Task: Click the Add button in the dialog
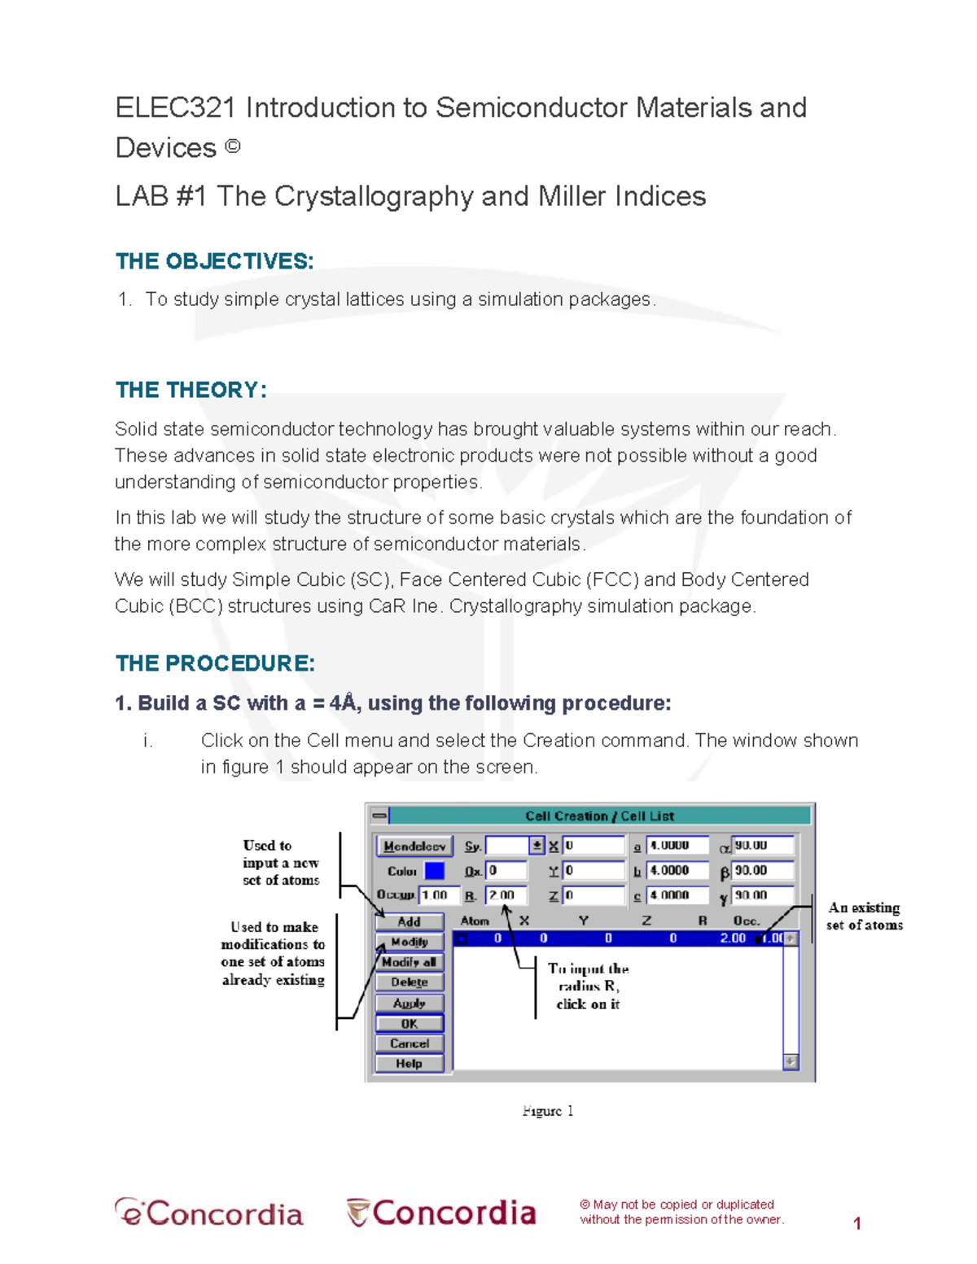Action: point(410,921)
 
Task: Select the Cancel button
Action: point(410,1043)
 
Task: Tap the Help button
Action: point(410,1064)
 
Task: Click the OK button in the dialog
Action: point(410,1024)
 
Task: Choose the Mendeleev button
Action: point(414,846)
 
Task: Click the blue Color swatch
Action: point(435,871)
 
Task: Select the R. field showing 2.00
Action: point(506,895)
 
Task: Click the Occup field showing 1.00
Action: point(438,895)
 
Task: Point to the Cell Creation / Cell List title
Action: point(599,816)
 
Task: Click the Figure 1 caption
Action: point(548,1111)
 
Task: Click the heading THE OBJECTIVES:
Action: point(215,261)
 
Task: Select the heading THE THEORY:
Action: point(191,390)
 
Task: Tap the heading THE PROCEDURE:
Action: point(215,663)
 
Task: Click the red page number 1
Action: point(857,1222)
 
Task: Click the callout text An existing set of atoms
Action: point(864,916)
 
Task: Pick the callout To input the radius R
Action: point(588,986)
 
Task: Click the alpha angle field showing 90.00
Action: point(761,846)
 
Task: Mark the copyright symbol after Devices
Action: point(232,147)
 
